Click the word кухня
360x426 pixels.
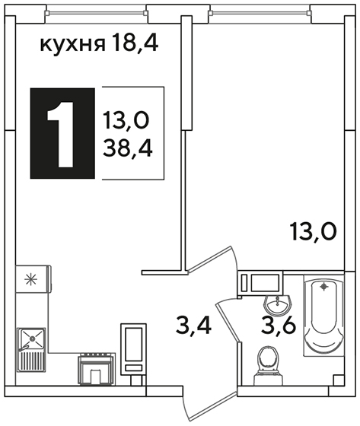[x=72, y=45]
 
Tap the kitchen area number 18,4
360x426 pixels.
[x=135, y=43]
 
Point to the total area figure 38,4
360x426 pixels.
[x=128, y=148]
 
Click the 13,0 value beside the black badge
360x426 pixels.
[x=126, y=120]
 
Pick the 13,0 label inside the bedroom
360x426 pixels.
[x=314, y=231]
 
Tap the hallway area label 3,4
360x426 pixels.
[x=193, y=326]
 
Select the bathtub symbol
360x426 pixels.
[x=323, y=315]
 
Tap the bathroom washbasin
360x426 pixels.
[x=278, y=305]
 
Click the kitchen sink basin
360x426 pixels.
[x=32, y=339]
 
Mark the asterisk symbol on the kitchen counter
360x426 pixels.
[x=30, y=280]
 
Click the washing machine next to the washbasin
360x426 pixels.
[x=260, y=283]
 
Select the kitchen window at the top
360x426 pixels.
[x=97, y=12]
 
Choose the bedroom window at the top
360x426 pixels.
[x=260, y=12]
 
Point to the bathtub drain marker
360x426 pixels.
[x=323, y=286]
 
